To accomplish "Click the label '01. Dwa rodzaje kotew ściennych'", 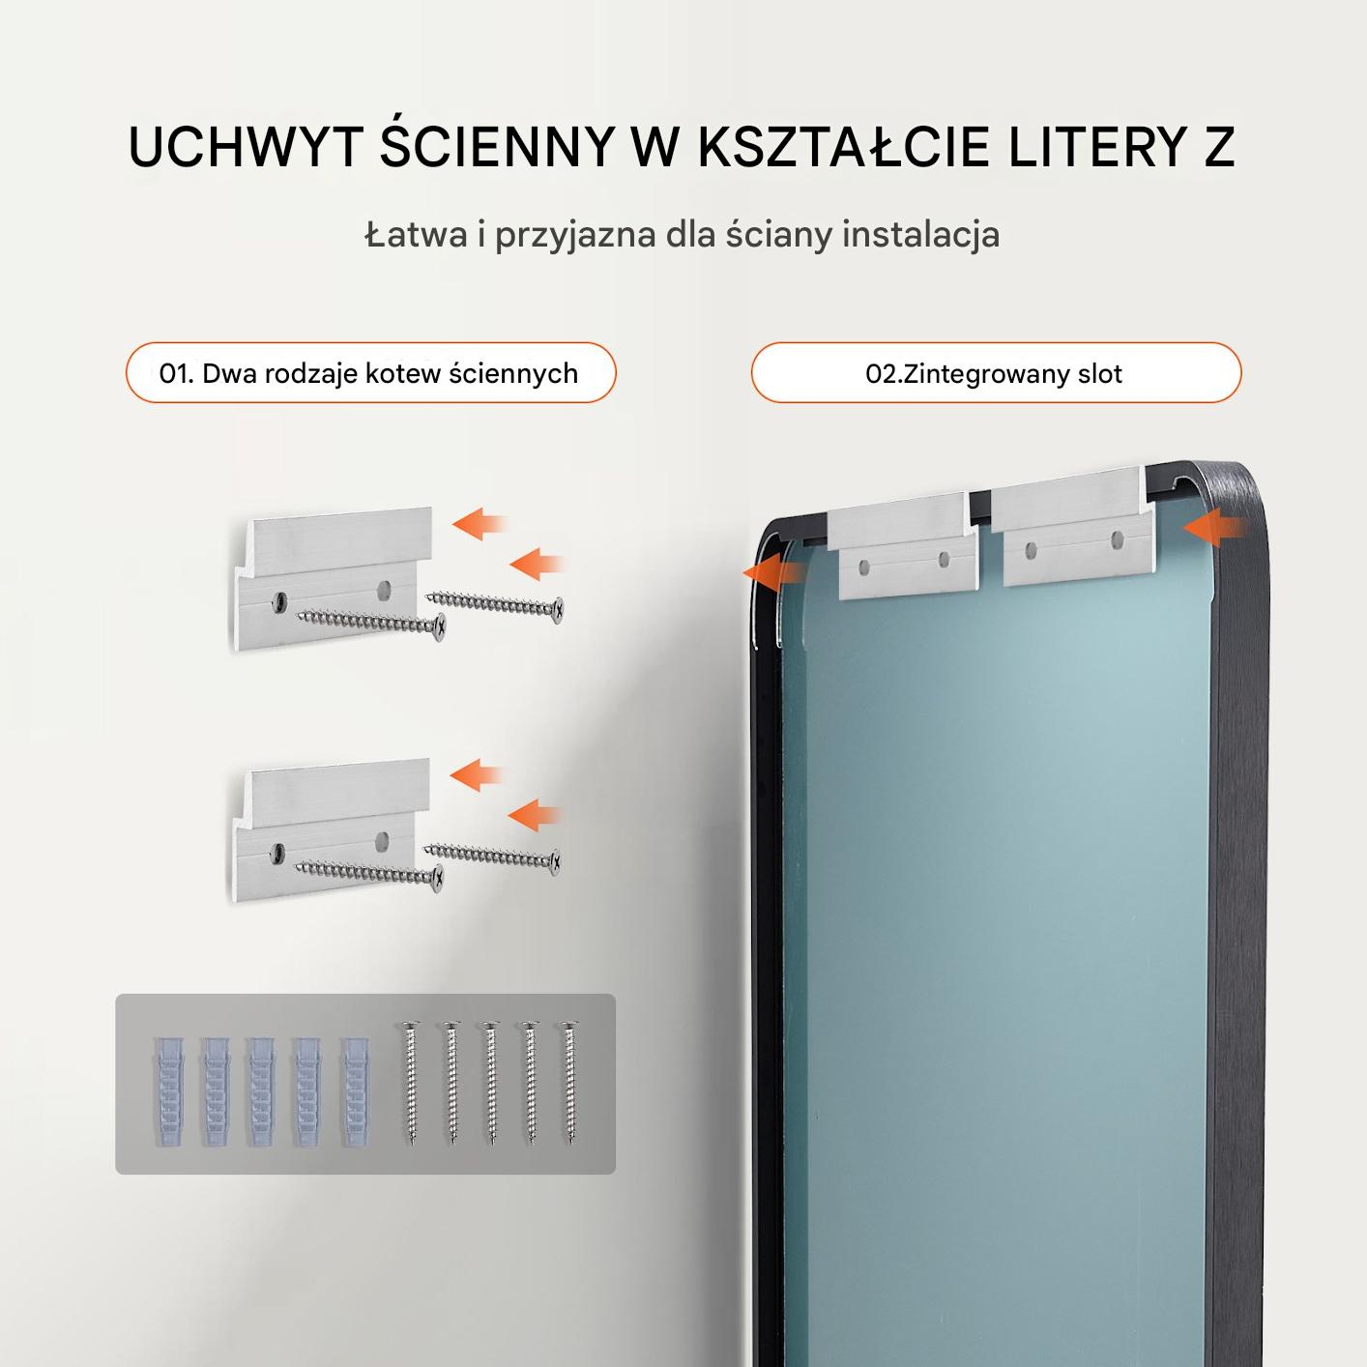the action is point(369,373).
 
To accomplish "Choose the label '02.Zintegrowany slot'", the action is point(994,374).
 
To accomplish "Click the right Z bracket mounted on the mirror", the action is point(1075,524).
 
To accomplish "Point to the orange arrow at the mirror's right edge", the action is point(1214,527).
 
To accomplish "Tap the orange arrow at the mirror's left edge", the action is point(773,572).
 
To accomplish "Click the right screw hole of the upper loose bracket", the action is point(384,588).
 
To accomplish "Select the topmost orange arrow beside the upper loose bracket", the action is point(479,524).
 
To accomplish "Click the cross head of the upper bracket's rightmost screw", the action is point(558,608).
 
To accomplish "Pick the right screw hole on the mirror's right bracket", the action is point(1118,540).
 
